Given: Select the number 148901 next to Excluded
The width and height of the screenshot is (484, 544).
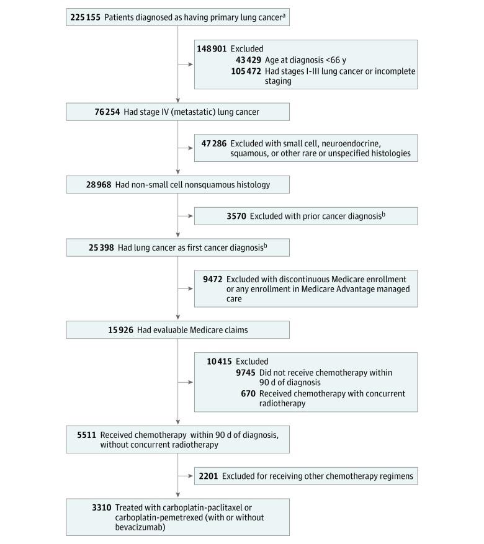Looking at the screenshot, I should point(212,48).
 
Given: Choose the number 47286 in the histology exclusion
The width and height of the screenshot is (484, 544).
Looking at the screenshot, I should point(213,143).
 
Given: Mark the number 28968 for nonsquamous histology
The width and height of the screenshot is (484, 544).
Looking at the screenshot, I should point(92,185).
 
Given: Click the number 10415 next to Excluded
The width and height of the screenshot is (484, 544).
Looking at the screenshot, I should point(220,362).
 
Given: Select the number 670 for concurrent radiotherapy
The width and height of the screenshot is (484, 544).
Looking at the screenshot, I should point(249,394).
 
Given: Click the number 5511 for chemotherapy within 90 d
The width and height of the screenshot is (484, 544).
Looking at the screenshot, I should point(84,435).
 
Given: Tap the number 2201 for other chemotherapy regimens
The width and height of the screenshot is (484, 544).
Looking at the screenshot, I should point(208,476).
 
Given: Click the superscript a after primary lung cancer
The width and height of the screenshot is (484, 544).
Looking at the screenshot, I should point(284,15).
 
